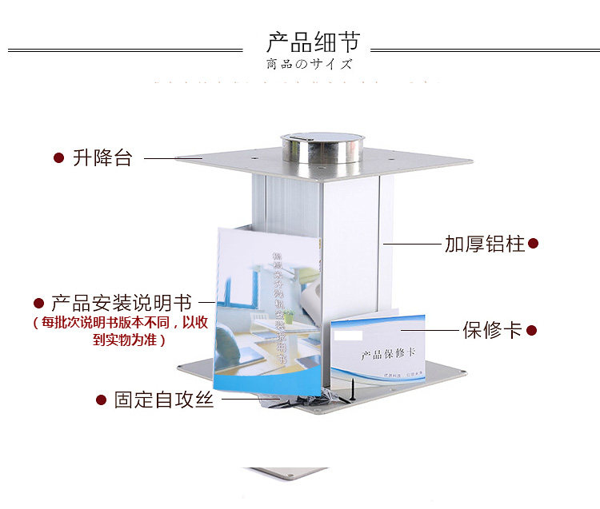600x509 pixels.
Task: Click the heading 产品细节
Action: pos(313,42)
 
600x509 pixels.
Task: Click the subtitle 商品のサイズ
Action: pos(309,64)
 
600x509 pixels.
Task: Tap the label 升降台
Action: pos(102,157)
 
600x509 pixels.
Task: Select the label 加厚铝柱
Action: pos(485,244)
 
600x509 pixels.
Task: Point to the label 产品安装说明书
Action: pos(122,304)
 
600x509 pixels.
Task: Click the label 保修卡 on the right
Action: pos(492,330)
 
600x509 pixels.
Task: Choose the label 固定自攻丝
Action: pos(163,400)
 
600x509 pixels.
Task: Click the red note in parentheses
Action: pos(121,331)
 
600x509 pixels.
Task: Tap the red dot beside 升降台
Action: pos(58,158)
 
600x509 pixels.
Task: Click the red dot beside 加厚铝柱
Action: pos(534,243)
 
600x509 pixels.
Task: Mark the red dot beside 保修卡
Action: pos(531,330)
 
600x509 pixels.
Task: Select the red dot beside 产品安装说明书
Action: pos(38,304)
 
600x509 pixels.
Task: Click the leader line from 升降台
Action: pos(172,158)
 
